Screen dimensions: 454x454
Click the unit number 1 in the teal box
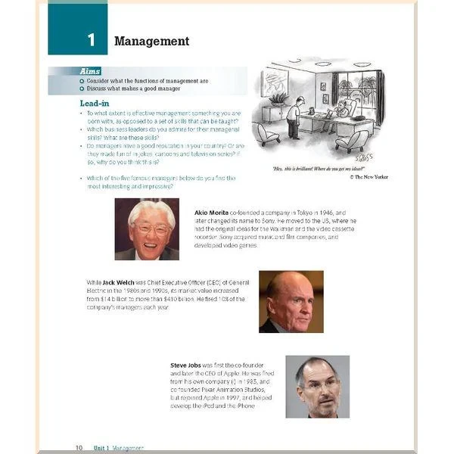pos(92,40)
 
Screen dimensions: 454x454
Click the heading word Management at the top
pos(151,41)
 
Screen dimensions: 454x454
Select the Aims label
pos(89,71)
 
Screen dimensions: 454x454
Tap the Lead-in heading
pos(95,103)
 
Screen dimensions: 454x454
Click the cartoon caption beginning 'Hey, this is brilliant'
pos(318,167)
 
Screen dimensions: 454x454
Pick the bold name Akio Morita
pos(211,213)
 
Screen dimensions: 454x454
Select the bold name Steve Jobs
pos(186,365)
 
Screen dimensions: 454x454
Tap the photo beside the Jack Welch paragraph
pos(291,301)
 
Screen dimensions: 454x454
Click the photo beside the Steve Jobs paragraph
pos(317,387)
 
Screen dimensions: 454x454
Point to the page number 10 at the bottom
pos(79,448)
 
